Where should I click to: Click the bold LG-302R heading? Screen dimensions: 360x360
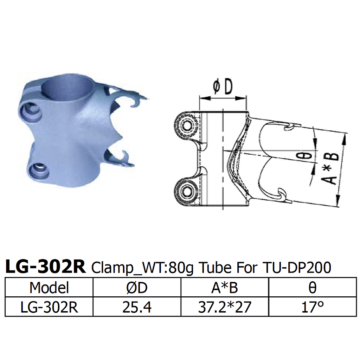pos(46,268)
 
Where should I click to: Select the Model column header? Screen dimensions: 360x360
pos(49,288)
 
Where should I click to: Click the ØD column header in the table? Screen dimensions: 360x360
pos(137,288)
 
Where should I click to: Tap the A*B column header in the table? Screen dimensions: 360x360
pos(225,288)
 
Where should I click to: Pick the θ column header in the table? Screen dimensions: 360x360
pos(312,288)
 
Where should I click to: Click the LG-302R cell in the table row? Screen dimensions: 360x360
pos(49,307)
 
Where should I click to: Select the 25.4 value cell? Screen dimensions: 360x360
pos(137,307)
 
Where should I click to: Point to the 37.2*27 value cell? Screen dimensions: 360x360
pos(225,307)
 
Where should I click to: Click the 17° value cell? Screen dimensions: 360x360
pos(312,307)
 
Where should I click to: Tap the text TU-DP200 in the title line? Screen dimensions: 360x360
pos(297,268)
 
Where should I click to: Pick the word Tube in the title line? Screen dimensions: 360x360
pos(216,268)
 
